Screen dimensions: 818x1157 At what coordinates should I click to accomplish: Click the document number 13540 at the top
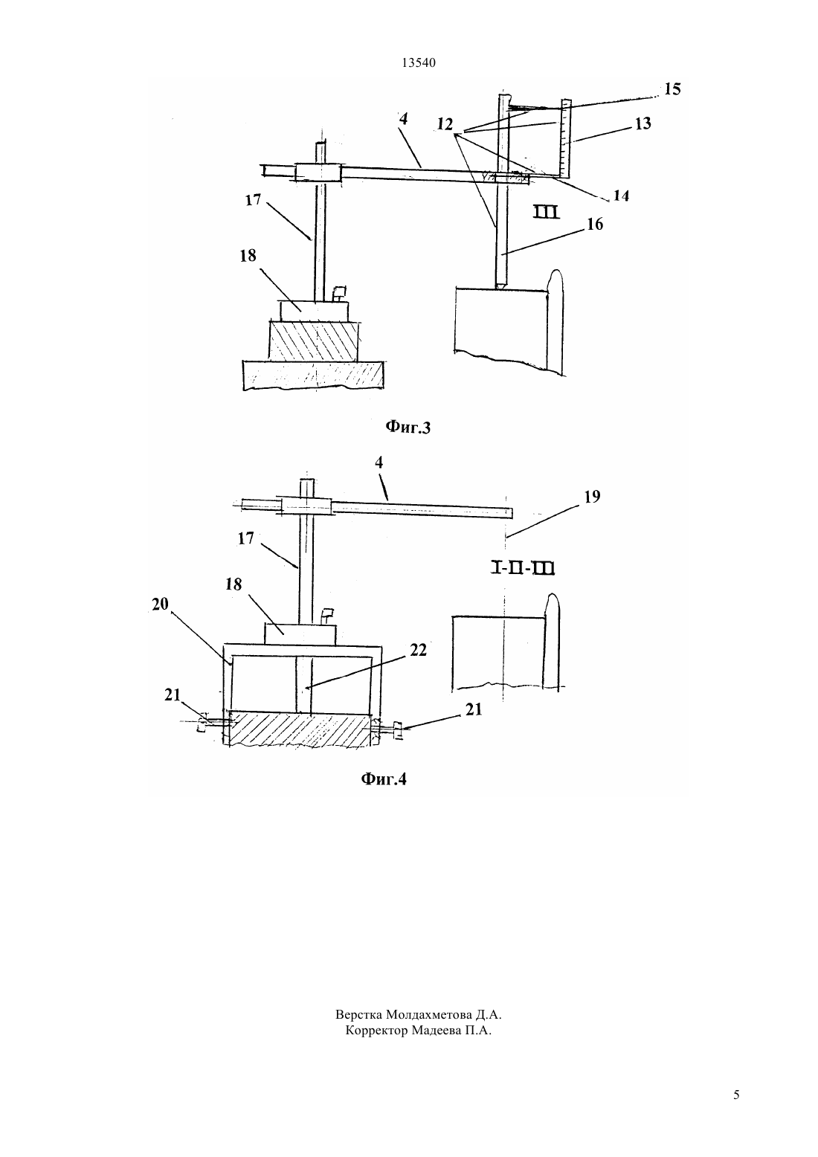(x=418, y=62)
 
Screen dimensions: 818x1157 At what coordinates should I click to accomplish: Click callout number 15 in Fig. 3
(x=672, y=88)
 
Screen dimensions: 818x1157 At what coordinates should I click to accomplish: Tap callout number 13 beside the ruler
(x=643, y=123)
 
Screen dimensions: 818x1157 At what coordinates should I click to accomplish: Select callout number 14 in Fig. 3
(x=621, y=196)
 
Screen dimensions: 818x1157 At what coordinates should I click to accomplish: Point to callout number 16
(x=596, y=224)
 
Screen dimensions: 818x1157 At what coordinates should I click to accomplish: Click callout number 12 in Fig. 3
(x=445, y=124)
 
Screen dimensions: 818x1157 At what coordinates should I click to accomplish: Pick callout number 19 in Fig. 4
(x=593, y=497)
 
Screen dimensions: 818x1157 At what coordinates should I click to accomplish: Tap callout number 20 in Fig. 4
(x=160, y=604)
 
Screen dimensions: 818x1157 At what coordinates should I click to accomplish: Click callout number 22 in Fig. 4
(x=418, y=651)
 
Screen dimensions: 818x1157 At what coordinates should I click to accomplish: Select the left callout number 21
(x=173, y=695)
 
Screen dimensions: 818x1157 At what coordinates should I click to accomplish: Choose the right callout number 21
(x=474, y=710)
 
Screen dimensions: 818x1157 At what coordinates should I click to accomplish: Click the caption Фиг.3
(x=408, y=427)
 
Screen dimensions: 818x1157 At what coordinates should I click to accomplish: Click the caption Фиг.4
(x=384, y=779)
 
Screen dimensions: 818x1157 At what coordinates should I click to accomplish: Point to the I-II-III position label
(x=521, y=569)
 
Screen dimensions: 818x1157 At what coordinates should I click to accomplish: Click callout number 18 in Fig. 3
(x=248, y=256)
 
